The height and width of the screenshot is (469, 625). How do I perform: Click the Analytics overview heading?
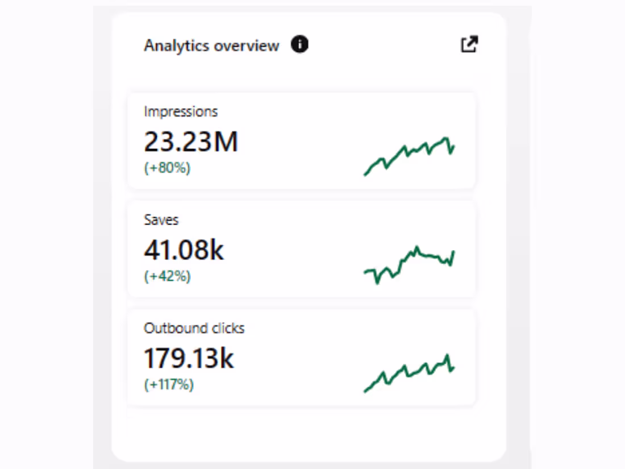click(211, 45)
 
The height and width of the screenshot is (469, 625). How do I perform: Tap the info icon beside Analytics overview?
click(299, 44)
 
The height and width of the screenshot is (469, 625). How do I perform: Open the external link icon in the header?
click(469, 44)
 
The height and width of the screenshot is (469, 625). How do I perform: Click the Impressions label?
click(181, 111)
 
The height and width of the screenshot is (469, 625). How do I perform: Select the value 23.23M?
click(190, 142)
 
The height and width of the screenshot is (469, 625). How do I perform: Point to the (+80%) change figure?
click(167, 168)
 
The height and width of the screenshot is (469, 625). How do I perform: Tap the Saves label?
click(161, 219)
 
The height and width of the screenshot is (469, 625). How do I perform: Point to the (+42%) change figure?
click(167, 276)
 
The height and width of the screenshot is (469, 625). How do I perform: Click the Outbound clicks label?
click(194, 328)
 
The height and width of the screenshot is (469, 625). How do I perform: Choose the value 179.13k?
click(189, 358)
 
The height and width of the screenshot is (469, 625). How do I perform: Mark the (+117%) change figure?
click(169, 385)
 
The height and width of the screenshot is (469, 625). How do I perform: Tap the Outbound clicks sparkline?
click(409, 372)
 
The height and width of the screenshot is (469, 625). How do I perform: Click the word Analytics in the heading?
click(177, 45)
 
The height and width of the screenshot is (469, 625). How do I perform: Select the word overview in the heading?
click(246, 45)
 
